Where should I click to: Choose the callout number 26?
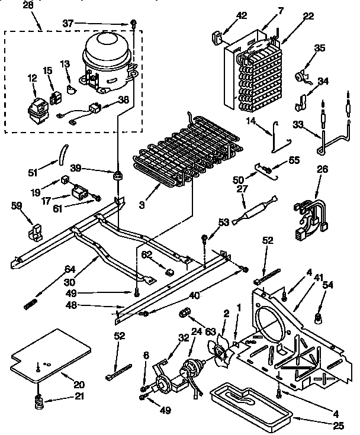[x=322, y=169]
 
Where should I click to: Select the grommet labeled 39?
[x=118, y=176]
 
